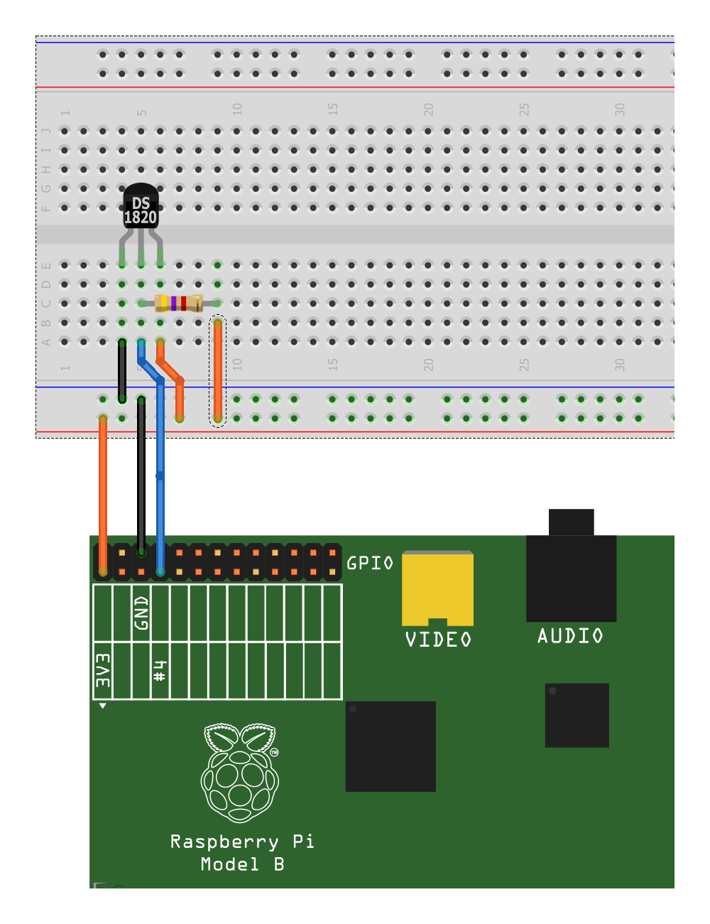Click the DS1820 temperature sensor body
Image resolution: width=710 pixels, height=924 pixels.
[x=141, y=207]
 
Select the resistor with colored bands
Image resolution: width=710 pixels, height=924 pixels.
[x=178, y=303]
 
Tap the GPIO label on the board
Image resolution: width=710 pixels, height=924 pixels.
[x=369, y=564]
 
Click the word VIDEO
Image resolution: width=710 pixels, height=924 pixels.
[x=438, y=640]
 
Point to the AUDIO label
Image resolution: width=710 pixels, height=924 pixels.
[x=570, y=636]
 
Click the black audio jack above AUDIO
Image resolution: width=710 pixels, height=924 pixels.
[x=571, y=569]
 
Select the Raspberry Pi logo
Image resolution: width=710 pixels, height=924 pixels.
[x=240, y=773]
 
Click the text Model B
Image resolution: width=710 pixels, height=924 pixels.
[x=242, y=865]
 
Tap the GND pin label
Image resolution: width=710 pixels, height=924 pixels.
[x=141, y=613]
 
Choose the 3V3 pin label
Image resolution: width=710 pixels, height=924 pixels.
[x=103, y=670]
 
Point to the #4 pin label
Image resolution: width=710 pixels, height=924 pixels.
[x=160, y=670]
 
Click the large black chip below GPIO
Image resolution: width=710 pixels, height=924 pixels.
[x=390, y=746]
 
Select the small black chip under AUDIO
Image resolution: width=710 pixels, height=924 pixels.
[x=577, y=715]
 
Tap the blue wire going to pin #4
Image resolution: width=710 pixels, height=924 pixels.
[x=160, y=498]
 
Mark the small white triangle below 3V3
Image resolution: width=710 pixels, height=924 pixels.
[x=103, y=706]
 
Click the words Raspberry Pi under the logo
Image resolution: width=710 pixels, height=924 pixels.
[x=242, y=842]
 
